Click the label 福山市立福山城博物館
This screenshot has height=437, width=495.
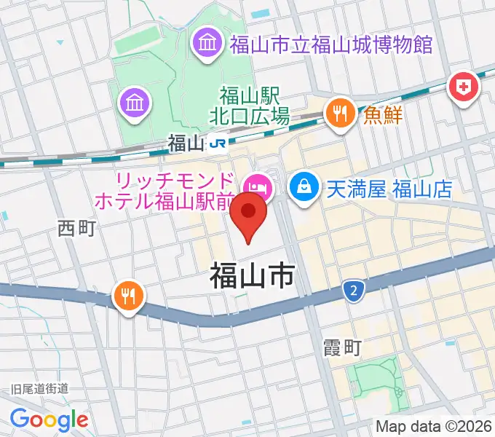(x=330, y=45)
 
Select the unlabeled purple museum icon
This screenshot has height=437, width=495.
(x=135, y=103)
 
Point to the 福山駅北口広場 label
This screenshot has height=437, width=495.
(x=255, y=106)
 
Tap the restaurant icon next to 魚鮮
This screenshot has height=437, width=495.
(x=339, y=112)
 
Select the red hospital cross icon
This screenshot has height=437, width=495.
(x=462, y=88)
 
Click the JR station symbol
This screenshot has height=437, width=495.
(x=216, y=143)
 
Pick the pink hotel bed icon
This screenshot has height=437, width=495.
(x=259, y=188)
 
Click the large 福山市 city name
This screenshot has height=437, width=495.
(x=252, y=277)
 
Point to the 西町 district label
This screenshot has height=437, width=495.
(x=76, y=229)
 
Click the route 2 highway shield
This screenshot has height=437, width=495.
(x=353, y=291)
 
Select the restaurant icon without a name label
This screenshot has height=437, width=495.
(x=129, y=295)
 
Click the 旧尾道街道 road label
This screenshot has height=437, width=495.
(x=39, y=390)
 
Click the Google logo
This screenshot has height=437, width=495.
(x=49, y=419)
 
